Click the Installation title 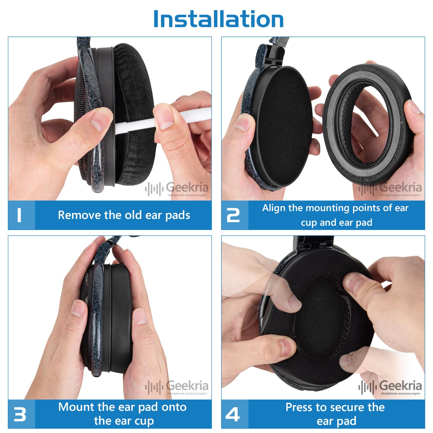[218, 19]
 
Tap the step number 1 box [21, 215]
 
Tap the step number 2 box [234, 215]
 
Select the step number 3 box [21, 414]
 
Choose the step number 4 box [234, 414]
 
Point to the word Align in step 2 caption [274, 208]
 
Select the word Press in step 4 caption [299, 407]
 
